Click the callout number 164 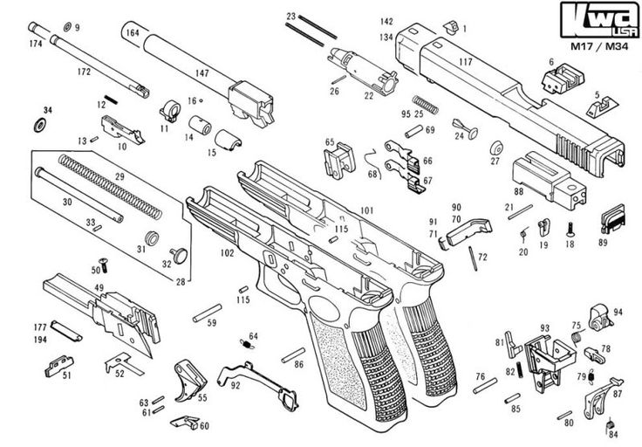point(133,33)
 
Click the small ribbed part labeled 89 point(615,217)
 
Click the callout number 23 point(291,16)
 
